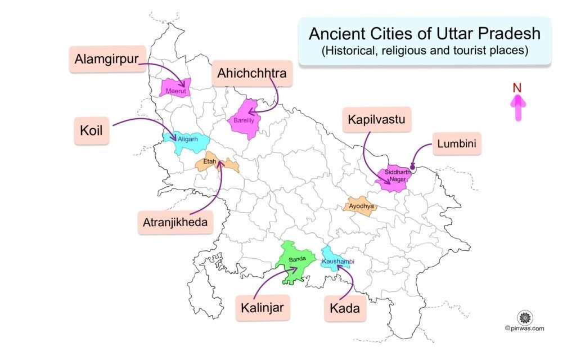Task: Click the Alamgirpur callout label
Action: tap(107, 59)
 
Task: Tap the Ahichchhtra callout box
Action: tap(253, 73)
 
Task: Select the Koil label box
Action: tap(91, 130)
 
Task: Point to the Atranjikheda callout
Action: tap(174, 222)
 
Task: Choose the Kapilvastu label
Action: tap(376, 120)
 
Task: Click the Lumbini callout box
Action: tap(457, 145)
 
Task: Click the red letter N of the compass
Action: tap(517, 88)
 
